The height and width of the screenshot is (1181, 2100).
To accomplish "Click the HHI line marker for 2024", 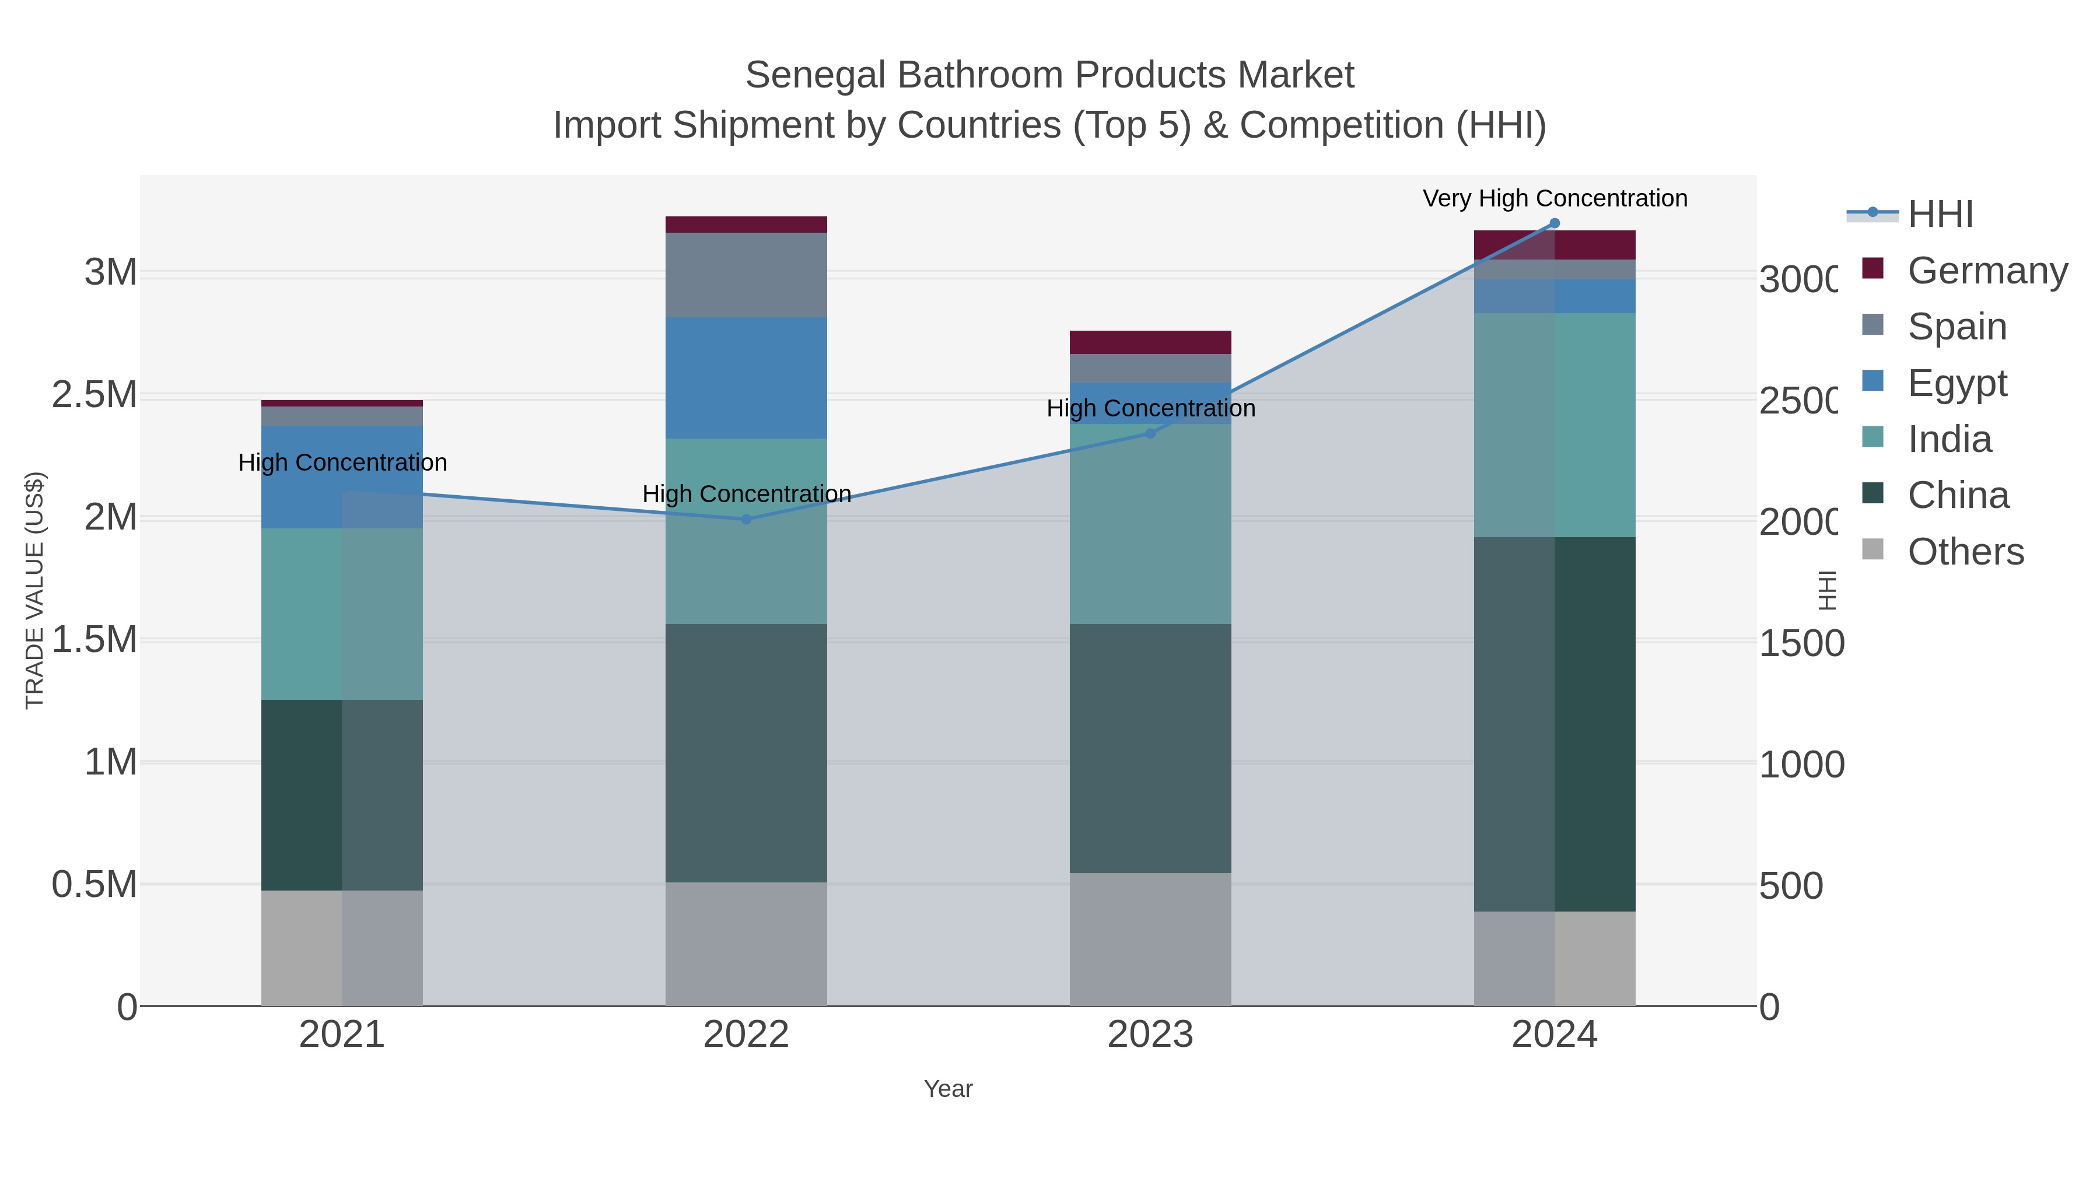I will tap(1554, 223).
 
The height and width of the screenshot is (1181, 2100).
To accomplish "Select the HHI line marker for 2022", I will tap(746, 519).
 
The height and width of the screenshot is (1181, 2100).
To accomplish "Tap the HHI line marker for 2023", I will tap(1150, 433).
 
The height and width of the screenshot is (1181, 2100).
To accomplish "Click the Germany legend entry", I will tap(1987, 270).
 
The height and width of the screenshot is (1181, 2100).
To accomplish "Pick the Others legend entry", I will tap(1965, 551).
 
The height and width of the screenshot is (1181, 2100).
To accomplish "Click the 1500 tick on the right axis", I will tap(1800, 643).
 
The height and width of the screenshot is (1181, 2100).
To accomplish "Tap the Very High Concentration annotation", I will tap(1555, 198).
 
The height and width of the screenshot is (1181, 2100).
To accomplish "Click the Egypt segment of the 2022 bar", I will tap(746, 377).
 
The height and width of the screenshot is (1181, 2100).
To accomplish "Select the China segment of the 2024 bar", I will tap(1554, 724).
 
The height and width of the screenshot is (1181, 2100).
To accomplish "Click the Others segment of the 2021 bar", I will tap(342, 947).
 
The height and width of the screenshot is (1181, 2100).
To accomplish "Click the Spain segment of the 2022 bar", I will tap(746, 275).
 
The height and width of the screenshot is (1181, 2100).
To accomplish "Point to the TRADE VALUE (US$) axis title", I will tap(34, 590).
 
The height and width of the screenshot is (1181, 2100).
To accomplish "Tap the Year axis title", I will tap(948, 1089).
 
